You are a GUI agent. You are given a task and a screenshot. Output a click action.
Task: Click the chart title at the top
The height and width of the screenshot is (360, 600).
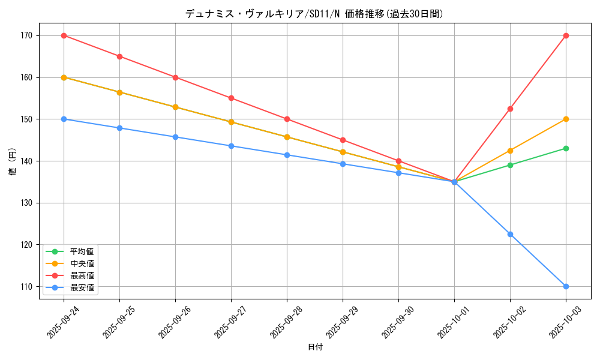(x=315, y=13)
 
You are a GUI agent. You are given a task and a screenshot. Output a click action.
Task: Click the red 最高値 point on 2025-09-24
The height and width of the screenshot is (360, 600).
(x=64, y=35)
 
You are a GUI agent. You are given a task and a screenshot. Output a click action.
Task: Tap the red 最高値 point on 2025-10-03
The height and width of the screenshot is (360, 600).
(x=566, y=35)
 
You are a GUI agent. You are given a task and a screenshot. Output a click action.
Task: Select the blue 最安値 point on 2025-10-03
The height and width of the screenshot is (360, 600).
(x=566, y=286)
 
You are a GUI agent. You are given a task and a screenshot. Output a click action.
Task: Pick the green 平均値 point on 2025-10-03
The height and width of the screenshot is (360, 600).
(x=566, y=148)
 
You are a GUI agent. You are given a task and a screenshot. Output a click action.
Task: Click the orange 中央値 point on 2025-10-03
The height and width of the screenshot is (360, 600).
(x=566, y=119)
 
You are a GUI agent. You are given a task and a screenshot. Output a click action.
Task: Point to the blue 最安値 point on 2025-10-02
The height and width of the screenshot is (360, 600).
(x=510, y=234)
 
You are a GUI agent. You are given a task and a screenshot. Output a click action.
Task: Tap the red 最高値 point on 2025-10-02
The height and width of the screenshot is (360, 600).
(x=510, y=109)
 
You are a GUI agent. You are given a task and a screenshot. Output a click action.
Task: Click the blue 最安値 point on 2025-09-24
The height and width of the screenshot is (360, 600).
(x=64, y=119)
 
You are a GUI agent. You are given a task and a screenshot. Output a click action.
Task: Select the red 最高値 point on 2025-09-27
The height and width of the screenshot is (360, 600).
(x=231, y=98)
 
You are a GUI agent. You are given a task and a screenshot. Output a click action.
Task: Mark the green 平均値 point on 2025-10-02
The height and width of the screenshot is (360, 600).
(x=510, y=165)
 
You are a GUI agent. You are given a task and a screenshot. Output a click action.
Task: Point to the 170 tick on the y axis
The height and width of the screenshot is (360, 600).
(x=26, y=35)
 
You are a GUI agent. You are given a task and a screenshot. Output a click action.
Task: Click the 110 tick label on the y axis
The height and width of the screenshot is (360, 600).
(x=26, y=286)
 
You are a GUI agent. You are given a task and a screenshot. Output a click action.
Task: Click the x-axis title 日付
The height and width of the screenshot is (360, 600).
(x=315, y=347)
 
